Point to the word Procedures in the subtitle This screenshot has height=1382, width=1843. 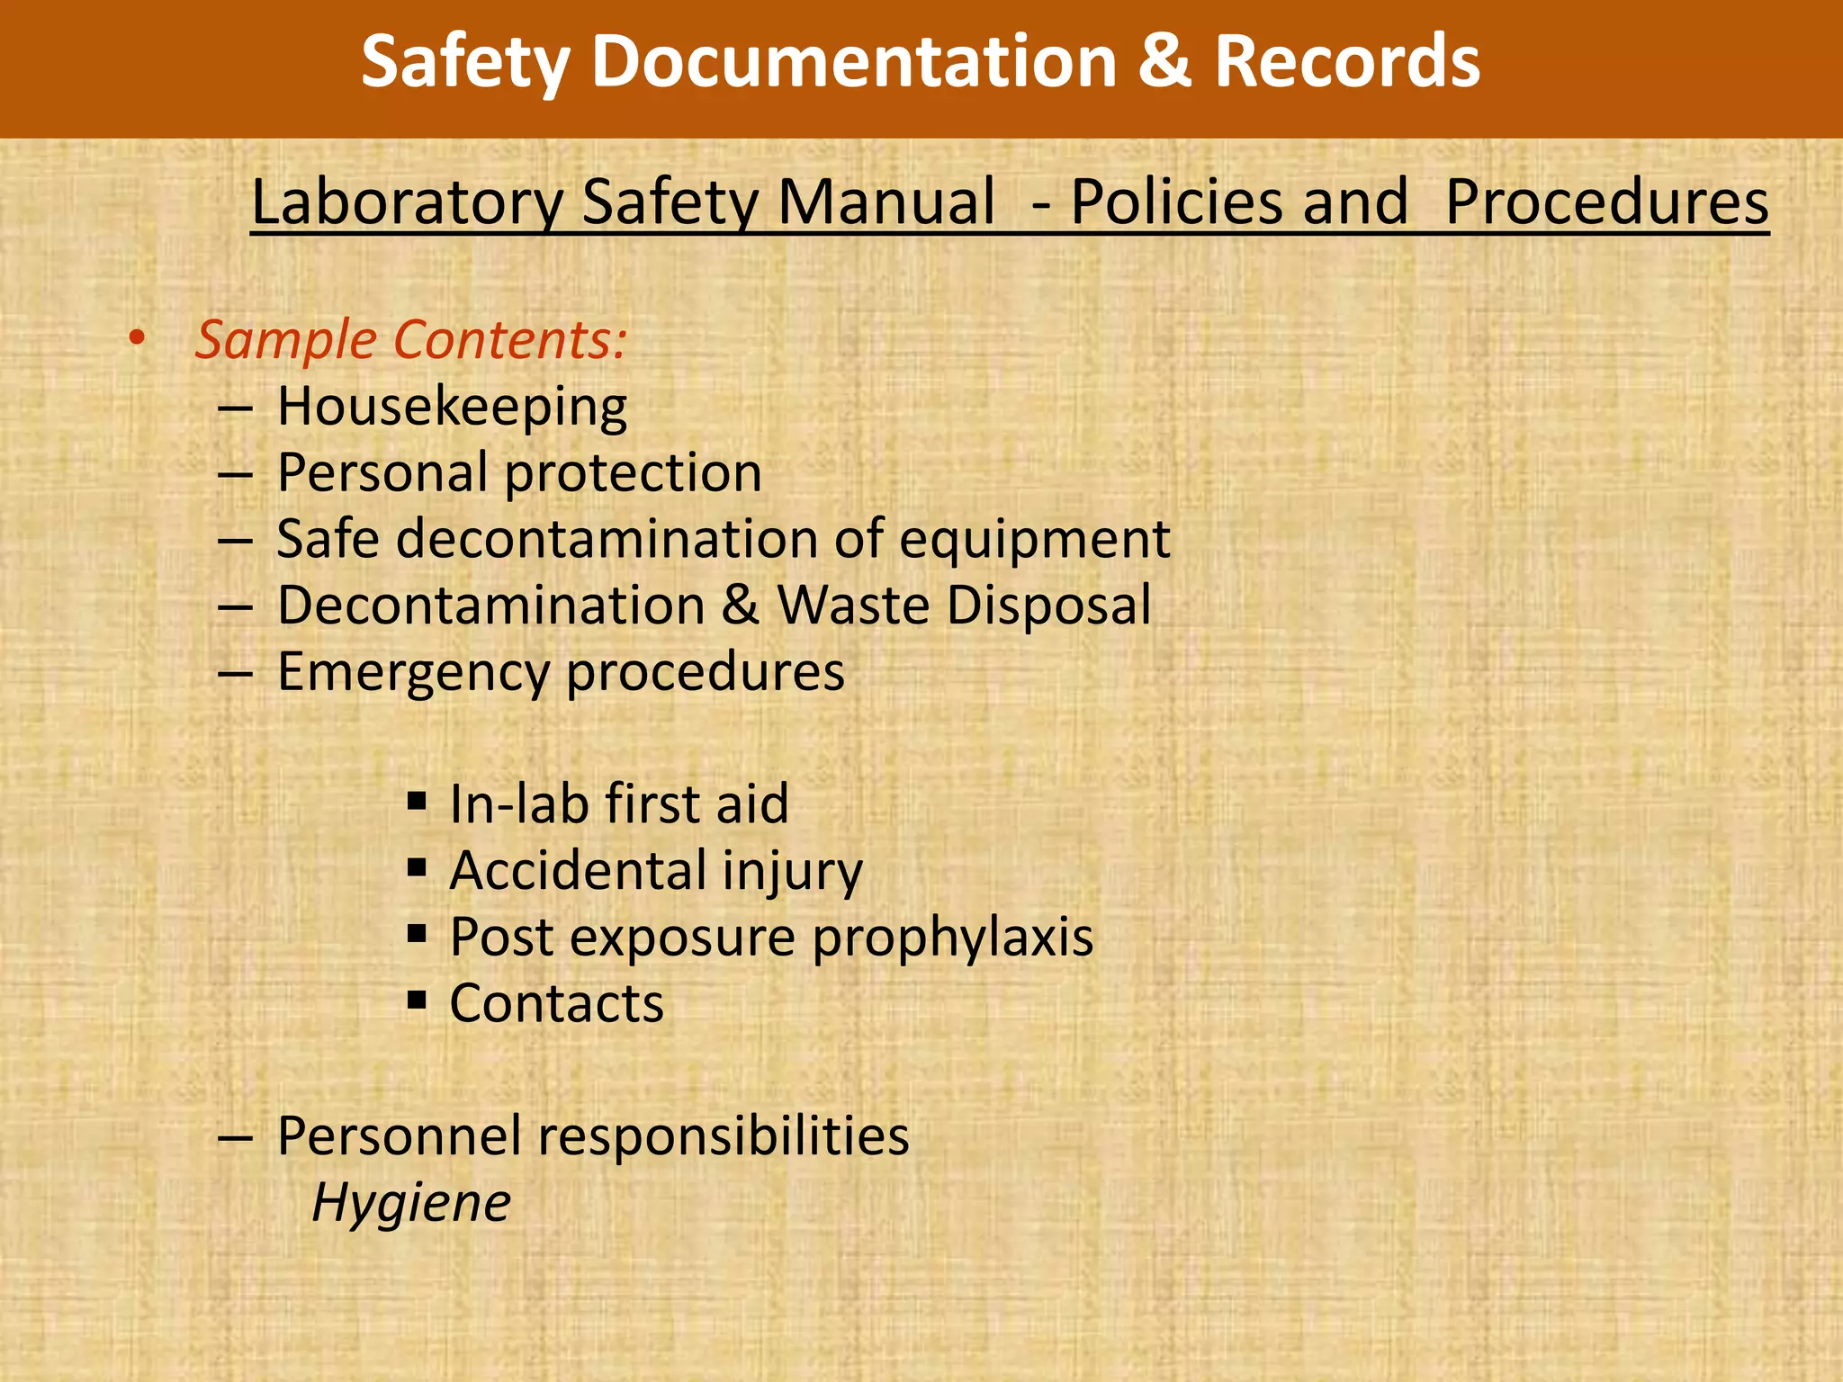pos(1607,202)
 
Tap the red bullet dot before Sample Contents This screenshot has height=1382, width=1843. pos(136,338)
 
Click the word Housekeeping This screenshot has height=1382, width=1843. pos(452,407)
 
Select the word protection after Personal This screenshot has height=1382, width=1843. pos(633,473)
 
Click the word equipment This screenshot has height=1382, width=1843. pos(1034,540)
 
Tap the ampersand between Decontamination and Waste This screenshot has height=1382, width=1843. pos(741,605)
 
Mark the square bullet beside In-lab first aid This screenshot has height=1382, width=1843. pos(416,800)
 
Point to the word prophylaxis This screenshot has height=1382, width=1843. pos(953,938)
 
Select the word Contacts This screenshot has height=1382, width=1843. pos(557,1003)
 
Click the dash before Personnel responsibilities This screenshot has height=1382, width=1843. pos(234,1137)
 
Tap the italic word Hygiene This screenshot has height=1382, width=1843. pos(411,1203)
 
